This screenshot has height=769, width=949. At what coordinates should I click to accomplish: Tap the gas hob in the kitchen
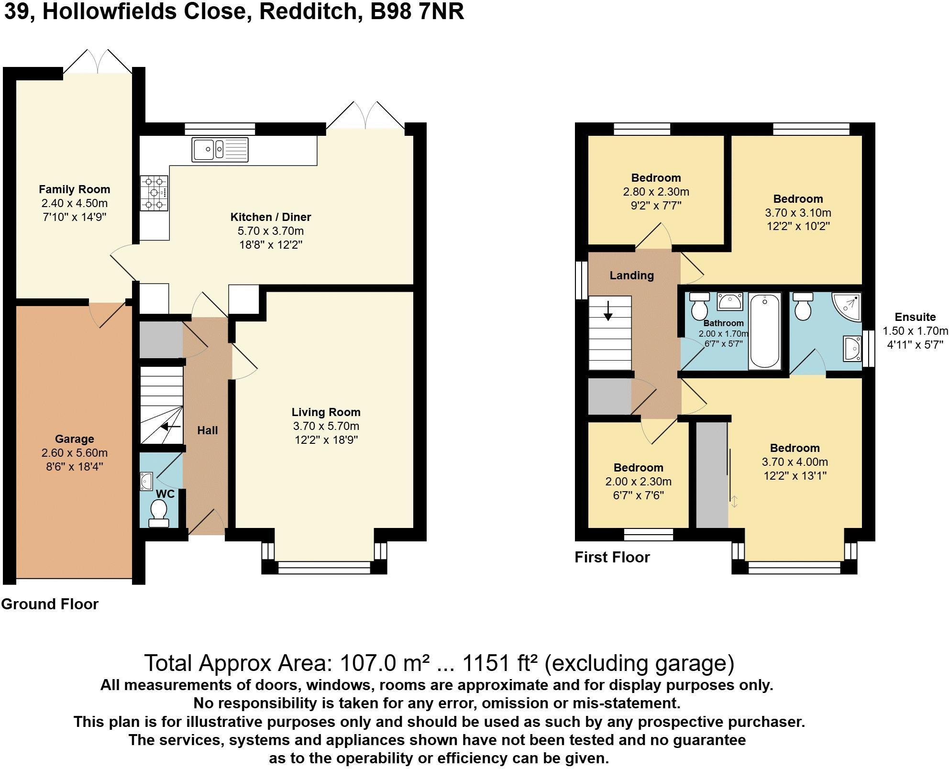pos(154,193)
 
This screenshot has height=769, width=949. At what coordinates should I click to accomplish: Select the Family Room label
pos(74,189)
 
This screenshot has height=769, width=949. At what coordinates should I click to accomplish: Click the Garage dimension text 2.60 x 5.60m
pos(74,452)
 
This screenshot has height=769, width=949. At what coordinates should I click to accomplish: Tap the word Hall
pos(208,430)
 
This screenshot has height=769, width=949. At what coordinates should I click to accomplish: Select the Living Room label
pos(326,412)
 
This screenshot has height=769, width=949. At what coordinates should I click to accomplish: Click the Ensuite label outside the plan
pos(915,317)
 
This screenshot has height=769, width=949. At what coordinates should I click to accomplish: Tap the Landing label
pos(631,275)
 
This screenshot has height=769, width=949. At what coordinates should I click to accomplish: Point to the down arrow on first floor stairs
pos(608,311)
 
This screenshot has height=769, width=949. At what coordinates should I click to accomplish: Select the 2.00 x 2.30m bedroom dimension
pos(638,482)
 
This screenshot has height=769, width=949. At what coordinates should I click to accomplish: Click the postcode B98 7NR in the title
pos(417,11)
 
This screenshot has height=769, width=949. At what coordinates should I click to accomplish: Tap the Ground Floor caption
pos(50,604)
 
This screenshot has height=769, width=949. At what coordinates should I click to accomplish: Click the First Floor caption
pos(612,557)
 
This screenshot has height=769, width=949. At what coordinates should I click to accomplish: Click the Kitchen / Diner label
pos(271,217)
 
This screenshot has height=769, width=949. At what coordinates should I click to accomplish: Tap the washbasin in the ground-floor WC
pos(146,481)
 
